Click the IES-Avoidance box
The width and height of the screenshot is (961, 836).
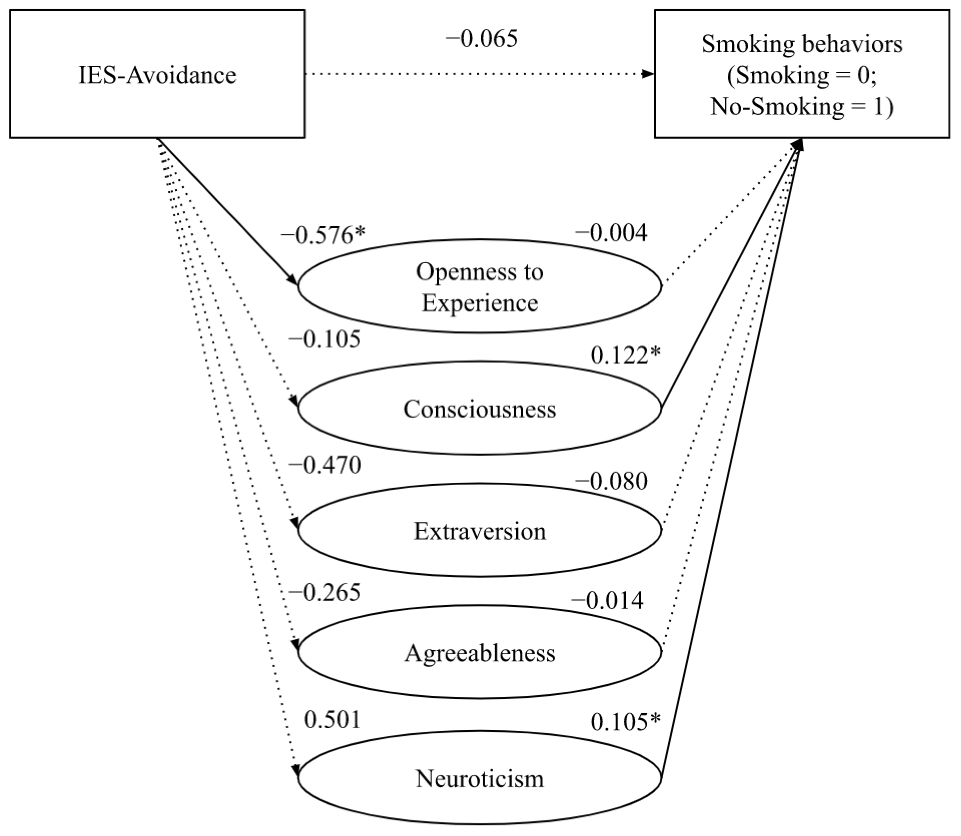[157, 74]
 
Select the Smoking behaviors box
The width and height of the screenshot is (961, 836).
[802, 74]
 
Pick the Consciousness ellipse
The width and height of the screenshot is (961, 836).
[480, 408]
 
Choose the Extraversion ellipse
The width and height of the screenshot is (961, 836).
[480, 530]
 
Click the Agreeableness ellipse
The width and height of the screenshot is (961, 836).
[480, 652]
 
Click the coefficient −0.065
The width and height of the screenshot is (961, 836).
[481, 39]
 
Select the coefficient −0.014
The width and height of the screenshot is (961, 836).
[607, 600]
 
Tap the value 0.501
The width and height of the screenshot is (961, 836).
[332, 720]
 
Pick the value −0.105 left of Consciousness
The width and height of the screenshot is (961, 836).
[325, 339]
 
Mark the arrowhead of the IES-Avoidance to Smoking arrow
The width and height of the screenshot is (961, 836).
[648, 74]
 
